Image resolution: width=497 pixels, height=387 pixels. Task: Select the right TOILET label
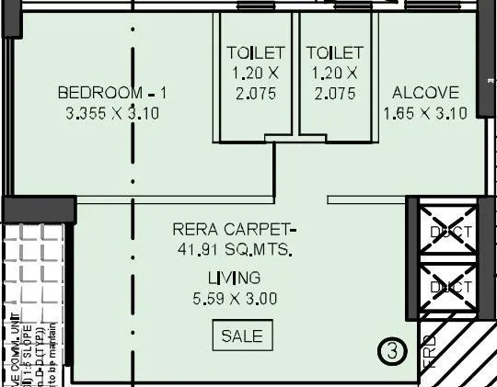(334, 51)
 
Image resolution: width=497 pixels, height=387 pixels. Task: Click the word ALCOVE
(425, 93)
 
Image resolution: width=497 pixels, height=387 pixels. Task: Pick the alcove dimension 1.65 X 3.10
(425, 113)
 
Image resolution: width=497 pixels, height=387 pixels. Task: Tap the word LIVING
(234, 278)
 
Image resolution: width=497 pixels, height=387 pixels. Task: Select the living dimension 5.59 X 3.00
(234, 298)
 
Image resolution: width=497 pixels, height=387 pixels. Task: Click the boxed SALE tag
(242, 336)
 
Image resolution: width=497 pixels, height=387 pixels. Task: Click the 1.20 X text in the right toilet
(334, 73)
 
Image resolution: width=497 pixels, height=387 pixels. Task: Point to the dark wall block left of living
(37, 210)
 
